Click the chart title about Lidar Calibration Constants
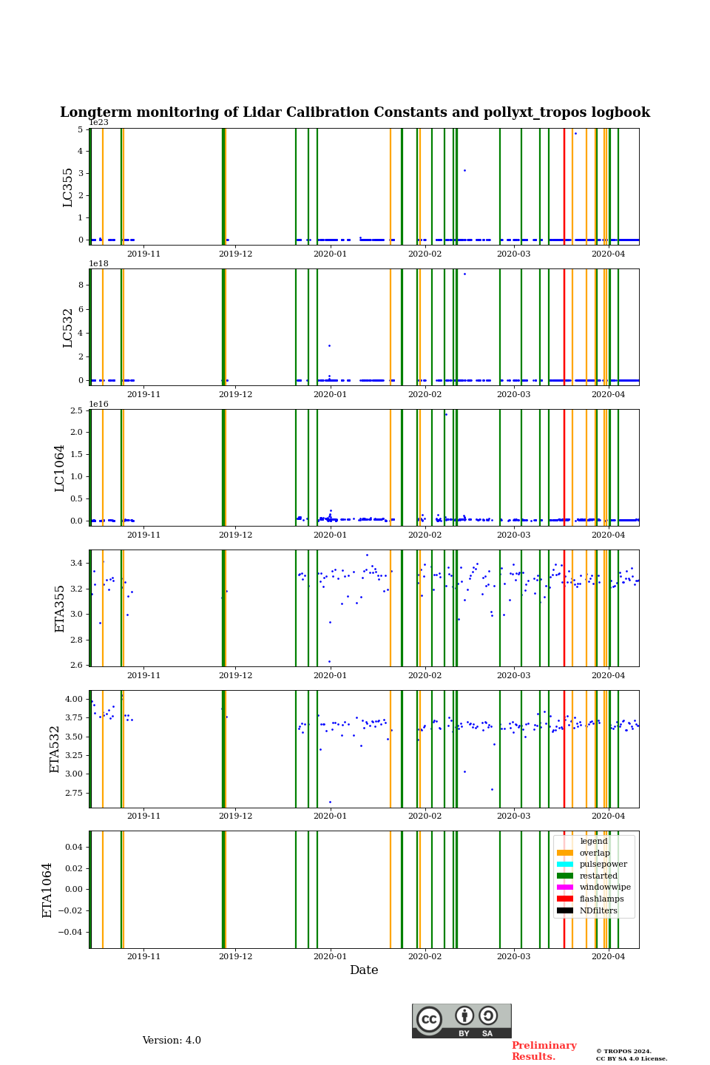click(x=355, y=112)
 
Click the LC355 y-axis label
click(x=68, y=187)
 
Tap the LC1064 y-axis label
click(x=60, y=468)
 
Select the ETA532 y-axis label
click(x=55, y=749)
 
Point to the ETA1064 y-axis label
click(x=48, y=890)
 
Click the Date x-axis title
click(x=364, y=970)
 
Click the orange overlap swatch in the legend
click(x=565, y=853)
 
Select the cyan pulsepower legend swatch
click(x=565, y=865)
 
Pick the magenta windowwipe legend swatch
click(x=565, y=887)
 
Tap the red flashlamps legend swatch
click(x=565, y=899)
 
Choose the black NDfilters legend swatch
click(x=565, y=911)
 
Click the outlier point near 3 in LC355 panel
click(x=464, y=171)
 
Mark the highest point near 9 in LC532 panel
click(x=464, y=274)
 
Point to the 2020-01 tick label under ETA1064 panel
click(x=330, y=956)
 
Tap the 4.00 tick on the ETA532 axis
click(x=73, y=699)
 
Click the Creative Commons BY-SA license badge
click(x=461, y=1021)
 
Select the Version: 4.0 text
click(x=172, y=1041)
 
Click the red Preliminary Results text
click(x=544, y=1051)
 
